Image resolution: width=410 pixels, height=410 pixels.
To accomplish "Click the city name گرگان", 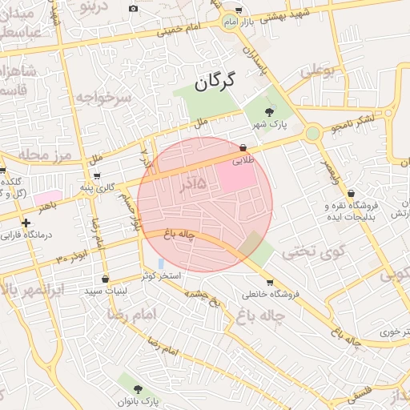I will (217, 80).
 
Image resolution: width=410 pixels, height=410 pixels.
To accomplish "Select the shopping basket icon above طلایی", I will (243, 147).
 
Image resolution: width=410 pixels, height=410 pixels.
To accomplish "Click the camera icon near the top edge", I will (133, 8).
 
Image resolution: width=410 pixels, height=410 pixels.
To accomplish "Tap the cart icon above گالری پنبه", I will (97, 176).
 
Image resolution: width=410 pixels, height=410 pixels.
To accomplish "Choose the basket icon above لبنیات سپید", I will (107, 279).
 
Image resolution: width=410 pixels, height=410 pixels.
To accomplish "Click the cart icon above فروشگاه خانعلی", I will (269, 282).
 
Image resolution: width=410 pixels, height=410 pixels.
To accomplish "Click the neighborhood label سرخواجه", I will (102, 98).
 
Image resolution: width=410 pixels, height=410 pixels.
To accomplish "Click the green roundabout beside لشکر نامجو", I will (313, 133).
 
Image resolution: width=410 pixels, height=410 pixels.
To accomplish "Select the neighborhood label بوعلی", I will (320, 70).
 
